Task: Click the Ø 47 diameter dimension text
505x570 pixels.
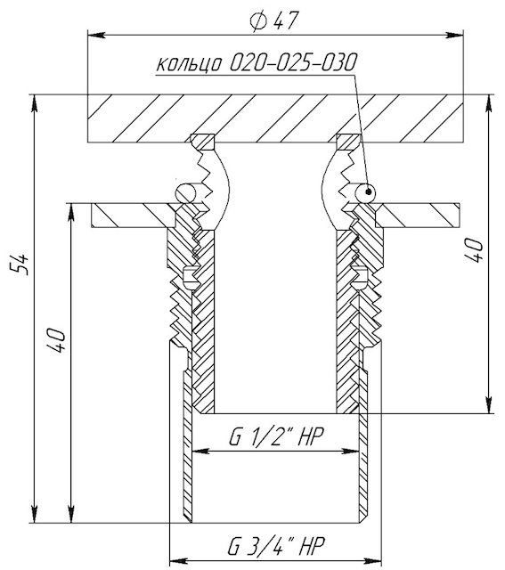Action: point(274,21)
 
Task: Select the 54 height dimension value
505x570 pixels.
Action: point(20,264)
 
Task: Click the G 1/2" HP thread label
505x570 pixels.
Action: point(276,436)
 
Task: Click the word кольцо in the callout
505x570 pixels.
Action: point(190,64)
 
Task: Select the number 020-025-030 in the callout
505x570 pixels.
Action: point(292,62)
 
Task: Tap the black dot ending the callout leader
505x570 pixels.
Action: point(369,191)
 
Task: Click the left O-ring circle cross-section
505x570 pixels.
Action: point(186,192)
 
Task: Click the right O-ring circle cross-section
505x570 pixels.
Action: point(364,192)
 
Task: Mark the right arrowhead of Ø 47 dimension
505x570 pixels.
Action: point(454,35)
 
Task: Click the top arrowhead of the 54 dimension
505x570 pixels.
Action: point(34,104)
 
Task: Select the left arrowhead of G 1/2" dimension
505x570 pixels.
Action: point(201,452)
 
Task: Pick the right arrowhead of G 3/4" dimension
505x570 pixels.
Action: point(372,560)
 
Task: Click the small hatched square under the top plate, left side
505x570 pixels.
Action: point(202,142)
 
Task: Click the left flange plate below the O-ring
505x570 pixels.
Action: point(134,216)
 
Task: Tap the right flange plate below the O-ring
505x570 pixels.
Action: point(418,216)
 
